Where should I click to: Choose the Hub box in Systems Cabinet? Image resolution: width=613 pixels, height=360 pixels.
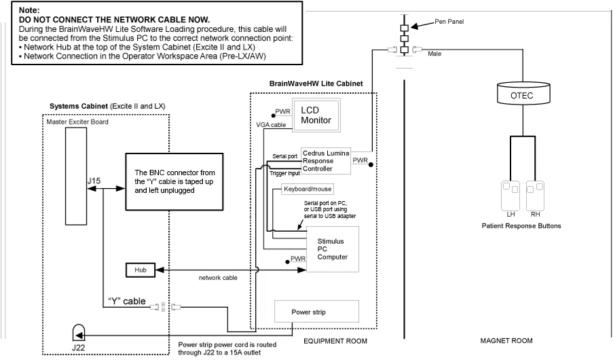141,270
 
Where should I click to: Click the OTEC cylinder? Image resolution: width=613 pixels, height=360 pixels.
522,96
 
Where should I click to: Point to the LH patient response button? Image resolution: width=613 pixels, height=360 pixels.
510,194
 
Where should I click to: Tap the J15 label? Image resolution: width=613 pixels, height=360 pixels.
95,181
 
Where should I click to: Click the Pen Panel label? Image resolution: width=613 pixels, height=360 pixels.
449,22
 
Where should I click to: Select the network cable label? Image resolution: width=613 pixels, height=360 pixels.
218,278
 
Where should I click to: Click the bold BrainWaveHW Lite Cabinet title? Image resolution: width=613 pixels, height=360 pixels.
316,83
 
